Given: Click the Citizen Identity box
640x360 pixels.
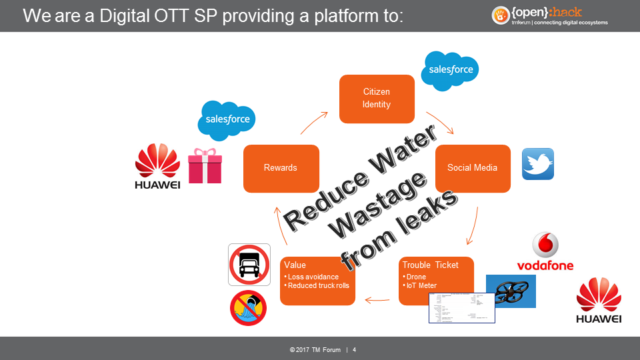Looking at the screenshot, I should [377, 99].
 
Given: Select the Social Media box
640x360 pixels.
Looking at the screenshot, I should [473, 168].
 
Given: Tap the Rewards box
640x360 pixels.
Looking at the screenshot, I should [281, 168].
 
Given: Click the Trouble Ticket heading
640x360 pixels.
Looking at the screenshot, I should [430, 265].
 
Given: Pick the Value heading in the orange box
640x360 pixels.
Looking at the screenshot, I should [295, 265].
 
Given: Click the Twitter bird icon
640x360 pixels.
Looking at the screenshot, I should [537, 164].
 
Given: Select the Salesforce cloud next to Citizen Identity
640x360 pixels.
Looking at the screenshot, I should [451, 70].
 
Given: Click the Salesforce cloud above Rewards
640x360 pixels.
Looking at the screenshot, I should [227, 120].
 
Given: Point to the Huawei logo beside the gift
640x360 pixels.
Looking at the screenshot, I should [157, 167].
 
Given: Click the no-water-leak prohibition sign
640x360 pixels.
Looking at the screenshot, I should [248, 307].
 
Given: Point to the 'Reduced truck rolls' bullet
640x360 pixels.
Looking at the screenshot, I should [318, 285].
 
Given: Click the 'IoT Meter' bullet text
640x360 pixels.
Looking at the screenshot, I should [421, 285].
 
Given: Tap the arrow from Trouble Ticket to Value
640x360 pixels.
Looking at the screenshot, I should [377, 300].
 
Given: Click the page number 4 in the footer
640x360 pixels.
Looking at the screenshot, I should [354, 350].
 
